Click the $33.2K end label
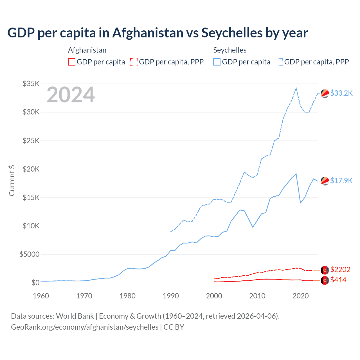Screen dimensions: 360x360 (x=341, y=93)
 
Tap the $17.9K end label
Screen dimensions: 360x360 (x=341, y=181)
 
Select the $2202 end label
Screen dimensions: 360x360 (x=340, y=269)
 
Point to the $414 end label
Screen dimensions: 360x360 (x=338, y=280)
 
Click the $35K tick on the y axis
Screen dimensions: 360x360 (x=31, y=84)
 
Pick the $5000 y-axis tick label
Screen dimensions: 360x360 (x=29, y=254)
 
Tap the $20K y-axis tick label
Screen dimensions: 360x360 (x=31, y=169)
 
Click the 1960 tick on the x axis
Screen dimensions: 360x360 (x=41, y=296)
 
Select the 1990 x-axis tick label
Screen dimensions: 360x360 (x=171, y=296)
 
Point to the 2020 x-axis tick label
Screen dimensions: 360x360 (x=301, y=296)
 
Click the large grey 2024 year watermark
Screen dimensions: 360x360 (x=71, y=95)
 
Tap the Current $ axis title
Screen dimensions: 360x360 (x=12, y=181)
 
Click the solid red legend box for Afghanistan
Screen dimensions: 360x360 (x=72, y=62)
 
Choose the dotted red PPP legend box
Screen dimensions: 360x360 (x=134, y=62)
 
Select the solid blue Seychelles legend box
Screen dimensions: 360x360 (x=217, y=62)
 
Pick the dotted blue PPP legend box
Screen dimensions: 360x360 (x=279, y=62)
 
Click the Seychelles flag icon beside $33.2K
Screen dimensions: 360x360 (x=325, y=93)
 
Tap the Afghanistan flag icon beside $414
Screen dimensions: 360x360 (x=325, y=280)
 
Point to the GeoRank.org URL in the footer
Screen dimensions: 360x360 (x=85, y=327)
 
